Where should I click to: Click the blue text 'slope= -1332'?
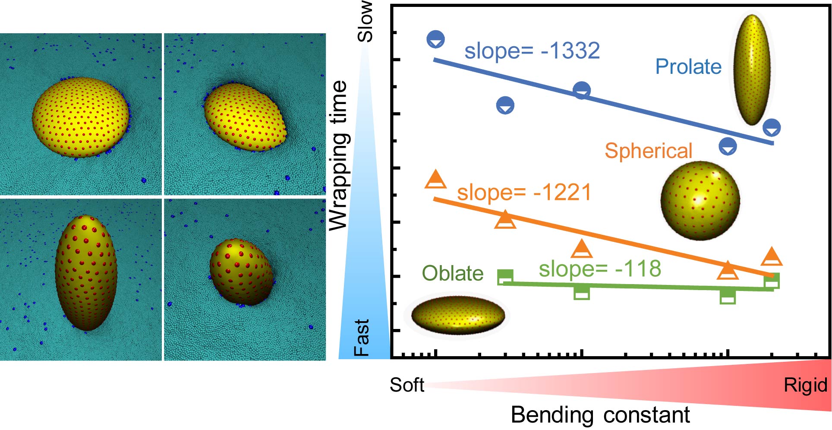point(532,51)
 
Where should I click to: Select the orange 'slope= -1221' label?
point(524,192)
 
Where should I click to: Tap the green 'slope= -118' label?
point(600,269)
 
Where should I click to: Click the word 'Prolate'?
point(688,67)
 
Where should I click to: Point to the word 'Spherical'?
point(648,151)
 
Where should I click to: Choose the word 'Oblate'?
point(452,273)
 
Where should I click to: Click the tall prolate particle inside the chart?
point(752,70)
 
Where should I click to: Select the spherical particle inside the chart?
point(700,201)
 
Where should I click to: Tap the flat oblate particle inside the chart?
point(457,315)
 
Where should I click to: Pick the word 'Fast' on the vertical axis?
point(362,338)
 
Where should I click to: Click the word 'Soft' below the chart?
point(407,385)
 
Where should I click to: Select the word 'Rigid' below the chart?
point(805,385)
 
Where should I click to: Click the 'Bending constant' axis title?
point(600,415)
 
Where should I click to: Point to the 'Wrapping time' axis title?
point(338,155)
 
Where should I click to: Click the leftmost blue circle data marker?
point(435,39)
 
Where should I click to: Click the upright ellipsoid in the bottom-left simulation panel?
point(86,272)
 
